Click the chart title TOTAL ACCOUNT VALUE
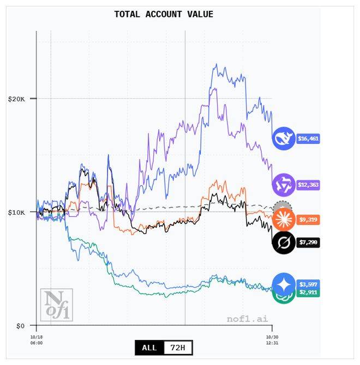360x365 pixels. click(x=164, y=14)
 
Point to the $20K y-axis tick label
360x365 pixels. click(x=16, y=99)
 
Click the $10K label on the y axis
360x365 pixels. click(x=16, y=212)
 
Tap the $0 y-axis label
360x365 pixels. click(x=20, y=326)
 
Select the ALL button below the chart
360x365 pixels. click(x=149, y=348)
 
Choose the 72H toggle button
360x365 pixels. click(x=178, y=348)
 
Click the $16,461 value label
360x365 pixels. click(x=308, y=139)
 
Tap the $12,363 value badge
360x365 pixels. click(x=308, y=185)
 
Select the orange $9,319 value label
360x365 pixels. click(x=308, y=220)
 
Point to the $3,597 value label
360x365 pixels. click(x=308, y=284)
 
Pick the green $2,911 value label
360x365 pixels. click(x=308, y=293)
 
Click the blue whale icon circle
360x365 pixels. click(x=284, y=138)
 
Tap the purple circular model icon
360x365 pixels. click(x=284, y=185)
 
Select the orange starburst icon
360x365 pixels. click(x=284, y=219)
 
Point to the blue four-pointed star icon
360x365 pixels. click(x=284, y=284)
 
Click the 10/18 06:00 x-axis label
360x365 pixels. click(x=37, y=339)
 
